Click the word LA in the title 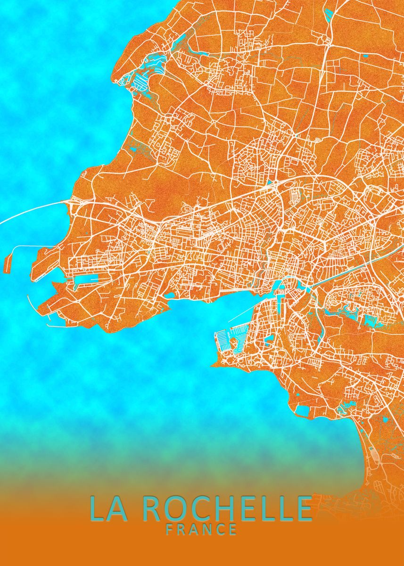click(108, 508)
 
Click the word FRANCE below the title click(201, 530)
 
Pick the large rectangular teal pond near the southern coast click(302, 410)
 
